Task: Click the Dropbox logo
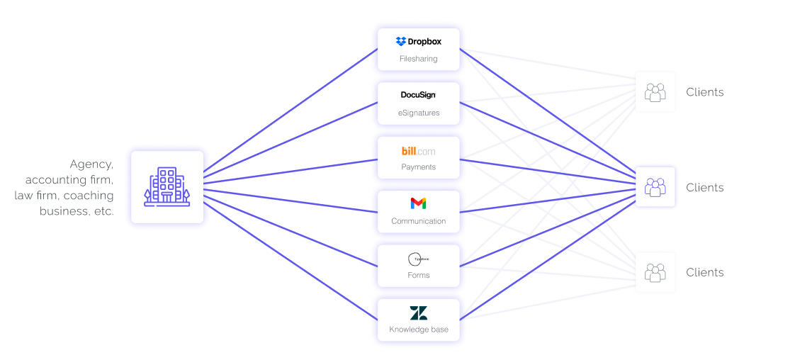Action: pyautogui.click(x=418, y=42)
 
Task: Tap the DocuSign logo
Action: pyautogui.click(x=418, y=95)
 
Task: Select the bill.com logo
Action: pyautogui.click(x=418, y=151)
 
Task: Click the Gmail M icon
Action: pyautogui.click(x=418, y=203)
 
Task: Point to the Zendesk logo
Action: pyautogui.click(x=418, y=313)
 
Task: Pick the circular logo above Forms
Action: pyautogui.click(x=418, y=259)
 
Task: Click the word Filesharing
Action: pyautogui.click(x=418, y=59)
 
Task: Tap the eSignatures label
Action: pyautogui.click(x=418, y=113)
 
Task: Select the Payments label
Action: pyautogui.click(x=418, y=167)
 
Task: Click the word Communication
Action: pyautogui.click(x=418, y=221)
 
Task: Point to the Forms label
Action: pyautogui.click(x=418, y=275)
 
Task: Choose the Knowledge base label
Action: pyautogui.click(x=418, y=330)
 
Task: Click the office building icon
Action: pyautogui.click(x=167, y=187)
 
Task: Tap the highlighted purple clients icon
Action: pyautogui.click(x=655, y=187)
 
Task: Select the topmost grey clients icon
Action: pyautogui.click(x=655, y=92)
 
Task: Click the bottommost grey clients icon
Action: pyautogui.click(x=655, y=272)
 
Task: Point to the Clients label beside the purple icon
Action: pyautogui.click(x=704, y=188)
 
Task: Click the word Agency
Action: pyautogui.click(x=91, y=164)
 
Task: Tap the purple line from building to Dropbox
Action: pyautogui.click(x=291, y=111)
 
